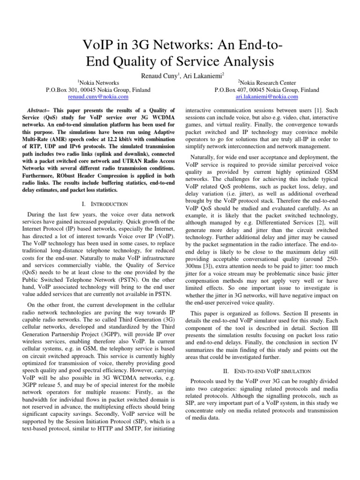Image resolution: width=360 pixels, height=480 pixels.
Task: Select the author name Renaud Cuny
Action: [x=151, y=75]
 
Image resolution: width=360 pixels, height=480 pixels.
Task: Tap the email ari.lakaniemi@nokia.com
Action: [x=266, y=97]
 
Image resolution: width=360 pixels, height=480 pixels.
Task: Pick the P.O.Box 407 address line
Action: [x=266, y=90]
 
